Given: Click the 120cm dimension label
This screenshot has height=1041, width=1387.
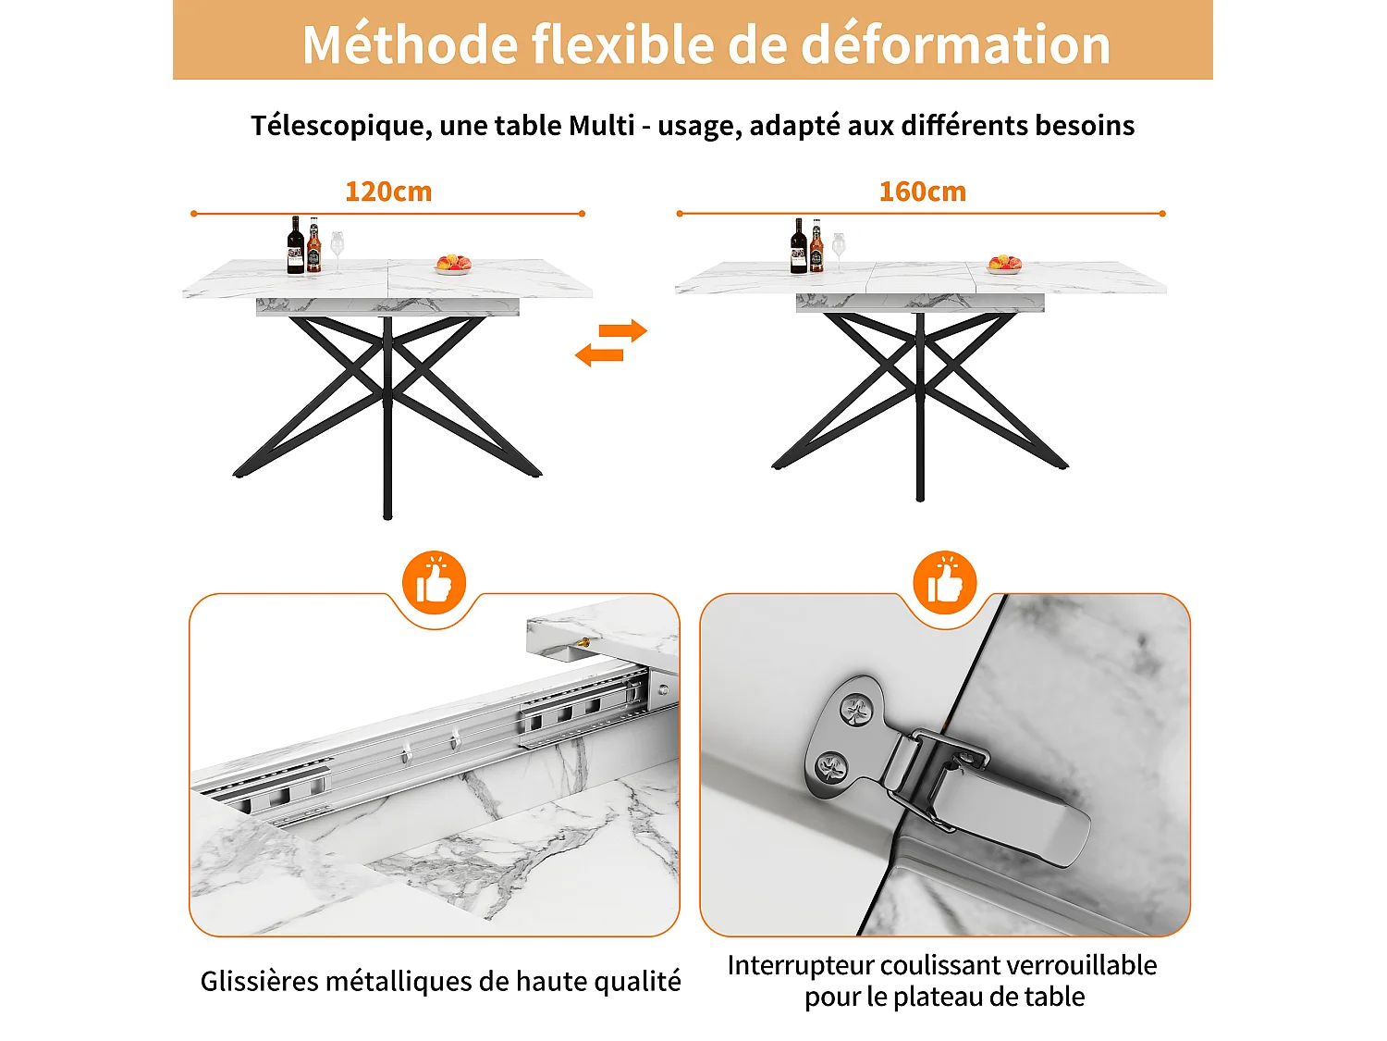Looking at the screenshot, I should pyautogui.click(x=388, y=192).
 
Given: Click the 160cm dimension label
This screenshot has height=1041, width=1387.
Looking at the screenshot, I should pyautogui.click(x=922, y=192).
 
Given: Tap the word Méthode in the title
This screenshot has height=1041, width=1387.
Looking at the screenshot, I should pyautogui.click(x=409, y=44).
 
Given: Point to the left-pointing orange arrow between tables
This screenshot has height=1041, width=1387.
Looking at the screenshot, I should pyautogui.click(x=599, y=354).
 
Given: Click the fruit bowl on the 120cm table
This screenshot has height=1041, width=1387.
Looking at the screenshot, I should pyautogui.click(x=454, y=265).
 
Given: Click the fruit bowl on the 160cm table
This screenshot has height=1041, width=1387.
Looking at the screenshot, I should pyautogui.click(x=1005, y=265).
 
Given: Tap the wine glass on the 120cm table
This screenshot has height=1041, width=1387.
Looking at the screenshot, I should pyautogui.click(x=337, y=248).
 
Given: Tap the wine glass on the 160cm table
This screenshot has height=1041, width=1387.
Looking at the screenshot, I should pyautogui.click(x=838, y=248).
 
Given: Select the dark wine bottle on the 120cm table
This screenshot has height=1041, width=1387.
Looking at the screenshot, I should pyautogui.click(x=296, y=245).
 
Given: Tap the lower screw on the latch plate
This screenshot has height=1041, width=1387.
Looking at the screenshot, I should pyautogui.click(x=830, y=766).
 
